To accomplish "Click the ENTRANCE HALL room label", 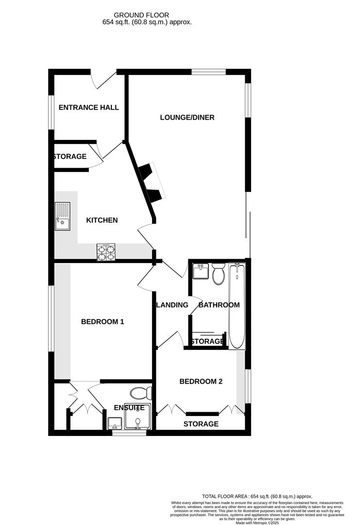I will [88, 107].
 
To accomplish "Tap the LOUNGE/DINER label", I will [187, 117].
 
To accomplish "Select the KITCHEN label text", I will [102, 220].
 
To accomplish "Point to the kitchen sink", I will [62, 217].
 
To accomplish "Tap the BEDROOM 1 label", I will [103, 321].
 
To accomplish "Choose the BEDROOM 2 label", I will [201, 382].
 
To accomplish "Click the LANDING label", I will [172, 305].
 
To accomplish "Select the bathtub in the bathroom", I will [238, 306].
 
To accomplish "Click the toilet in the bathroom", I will [218, 274].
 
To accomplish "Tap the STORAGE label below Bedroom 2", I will [201, 424].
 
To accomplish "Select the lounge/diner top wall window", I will [208, 72].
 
